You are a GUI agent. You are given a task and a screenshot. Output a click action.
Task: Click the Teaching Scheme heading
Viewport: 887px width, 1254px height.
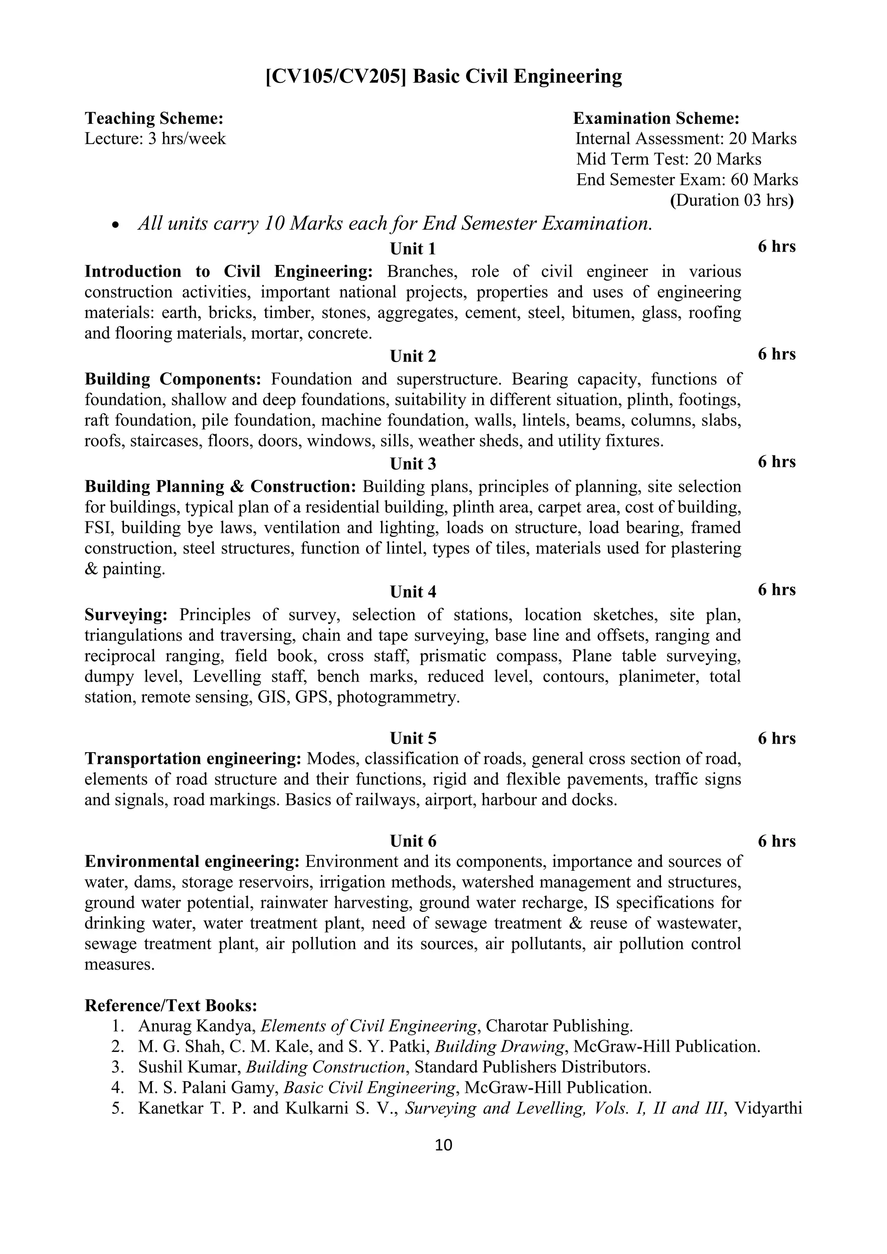point(154,119)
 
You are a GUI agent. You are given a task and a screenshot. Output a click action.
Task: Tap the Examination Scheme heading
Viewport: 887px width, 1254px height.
point(656,119)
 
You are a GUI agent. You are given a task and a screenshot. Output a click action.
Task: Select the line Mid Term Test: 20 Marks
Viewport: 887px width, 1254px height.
point(669,159)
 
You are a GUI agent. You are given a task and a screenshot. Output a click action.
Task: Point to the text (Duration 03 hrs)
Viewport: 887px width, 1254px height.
point(732,200)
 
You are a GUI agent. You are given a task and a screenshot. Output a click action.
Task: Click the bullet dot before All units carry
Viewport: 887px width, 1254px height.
point(115,225)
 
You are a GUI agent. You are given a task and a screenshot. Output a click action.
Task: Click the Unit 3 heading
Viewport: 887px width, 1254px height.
point(413,464)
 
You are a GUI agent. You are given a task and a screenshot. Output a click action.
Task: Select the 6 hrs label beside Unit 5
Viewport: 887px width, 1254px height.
point(776,738)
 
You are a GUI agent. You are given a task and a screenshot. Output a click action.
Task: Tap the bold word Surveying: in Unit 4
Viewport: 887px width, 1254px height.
point(126,615)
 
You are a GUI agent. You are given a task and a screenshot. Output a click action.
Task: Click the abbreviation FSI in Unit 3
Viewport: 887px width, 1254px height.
point(99,528)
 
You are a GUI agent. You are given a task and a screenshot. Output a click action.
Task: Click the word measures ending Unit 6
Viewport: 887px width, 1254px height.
point(120,964)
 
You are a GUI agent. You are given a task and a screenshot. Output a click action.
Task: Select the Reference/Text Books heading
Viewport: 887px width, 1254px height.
point(170,1005)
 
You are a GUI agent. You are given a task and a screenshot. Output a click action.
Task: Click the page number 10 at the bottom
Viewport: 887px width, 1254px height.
point(443,1145)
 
